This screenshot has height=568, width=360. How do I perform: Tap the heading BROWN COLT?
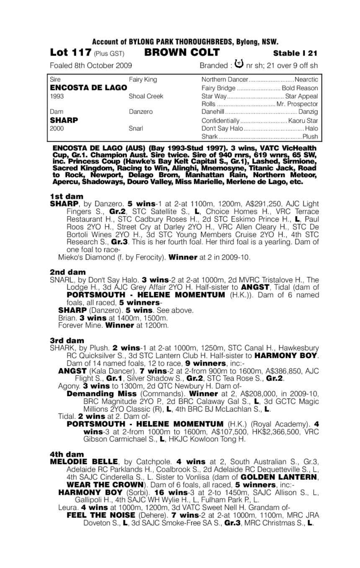coord(182,53)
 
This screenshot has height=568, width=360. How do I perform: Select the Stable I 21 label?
coord(295,53)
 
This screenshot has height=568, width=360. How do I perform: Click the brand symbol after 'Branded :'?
coord(239,64)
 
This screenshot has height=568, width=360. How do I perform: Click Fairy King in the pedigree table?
coord(143,80)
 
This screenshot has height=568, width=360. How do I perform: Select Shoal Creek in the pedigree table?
coord(146,96)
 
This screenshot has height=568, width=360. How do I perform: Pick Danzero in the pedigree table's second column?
coord(141,112)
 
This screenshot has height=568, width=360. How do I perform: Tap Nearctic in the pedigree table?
coord(306,80)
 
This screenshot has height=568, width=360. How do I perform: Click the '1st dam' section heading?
coord(67,196)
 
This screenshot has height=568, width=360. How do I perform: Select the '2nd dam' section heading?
coord(68,272)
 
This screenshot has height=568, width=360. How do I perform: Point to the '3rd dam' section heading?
coord(67,341)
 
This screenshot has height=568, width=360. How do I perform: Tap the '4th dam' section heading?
coord(67,454)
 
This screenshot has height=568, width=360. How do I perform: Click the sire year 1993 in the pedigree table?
coord(57,96)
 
